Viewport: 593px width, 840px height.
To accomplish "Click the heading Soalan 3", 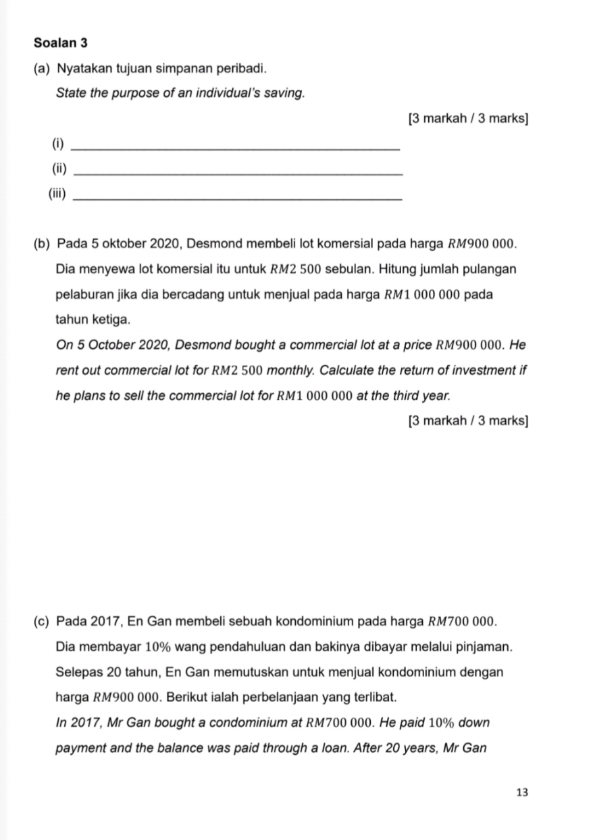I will tap(61, 43).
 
